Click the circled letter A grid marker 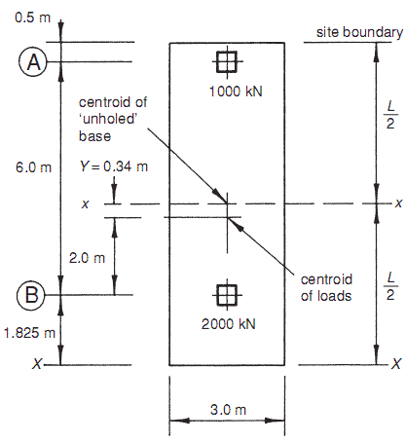(33, 61)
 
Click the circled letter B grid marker (32, 295)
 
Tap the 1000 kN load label (236, 92)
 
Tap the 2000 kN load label (229, 324)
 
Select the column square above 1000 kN (227, 61)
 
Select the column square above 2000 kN (227, 295)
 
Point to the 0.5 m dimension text (33, 18)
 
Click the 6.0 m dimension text (33, 167)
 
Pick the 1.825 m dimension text (29, 333)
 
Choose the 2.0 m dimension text (87, 258)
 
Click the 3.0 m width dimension (228, 410)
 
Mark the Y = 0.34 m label (114, 166)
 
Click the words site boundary (359, 32)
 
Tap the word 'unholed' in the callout (108, 119)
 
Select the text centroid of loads (326, 287)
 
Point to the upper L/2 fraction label (390, 115)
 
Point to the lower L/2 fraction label (390, 286)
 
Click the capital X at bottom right (396, 364)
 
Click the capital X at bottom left (37, 364)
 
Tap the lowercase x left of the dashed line (85, 204)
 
